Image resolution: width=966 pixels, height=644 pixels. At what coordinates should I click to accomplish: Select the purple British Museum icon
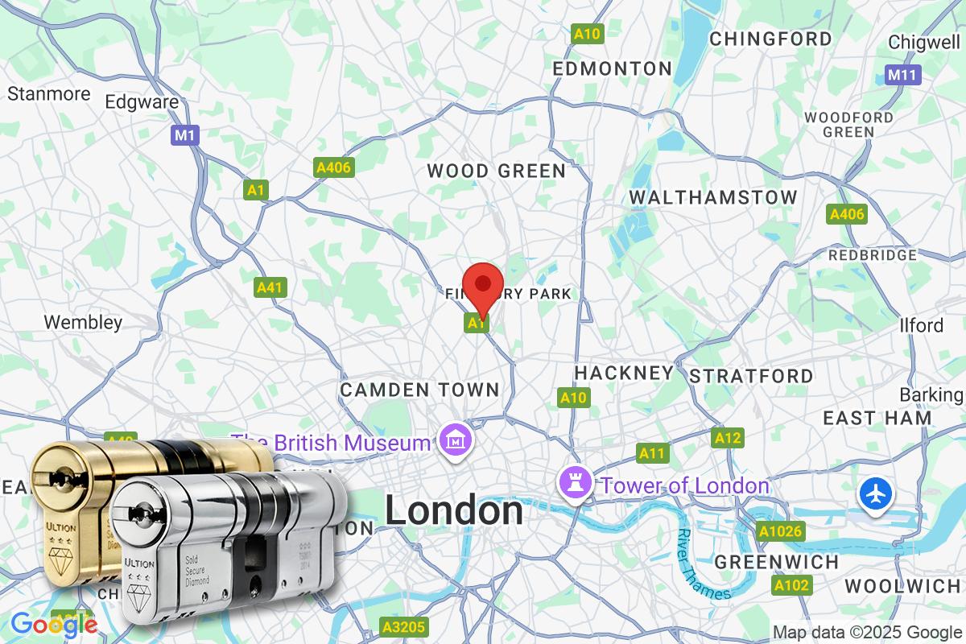[x=454, y=442]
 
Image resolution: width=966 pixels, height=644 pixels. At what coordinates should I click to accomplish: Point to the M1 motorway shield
[x=185, y=134]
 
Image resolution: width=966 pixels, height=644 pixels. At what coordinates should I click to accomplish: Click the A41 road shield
[x=271, y=287]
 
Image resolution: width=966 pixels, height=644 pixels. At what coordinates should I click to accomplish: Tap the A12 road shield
[x=727, y=438]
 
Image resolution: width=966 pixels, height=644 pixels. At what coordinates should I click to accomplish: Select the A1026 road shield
[x=780, y=531]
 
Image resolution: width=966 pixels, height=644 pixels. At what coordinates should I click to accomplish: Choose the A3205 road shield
[x=405, y=626]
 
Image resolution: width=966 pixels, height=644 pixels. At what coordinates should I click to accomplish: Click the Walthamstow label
[x=712, y=197]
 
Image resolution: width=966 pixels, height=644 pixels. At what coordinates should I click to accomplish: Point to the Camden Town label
[x=419, y=390]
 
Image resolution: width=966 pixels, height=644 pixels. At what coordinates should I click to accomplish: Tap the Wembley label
[x=83, y=323]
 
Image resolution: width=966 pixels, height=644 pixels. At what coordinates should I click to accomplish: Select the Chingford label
[x=770, y=39]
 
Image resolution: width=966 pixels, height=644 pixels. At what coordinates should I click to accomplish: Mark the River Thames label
[x=702, y=565]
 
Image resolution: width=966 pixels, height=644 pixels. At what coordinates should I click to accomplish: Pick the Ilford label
[x=921, y=325]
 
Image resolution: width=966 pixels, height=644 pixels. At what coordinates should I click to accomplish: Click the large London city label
[x=453, y=511]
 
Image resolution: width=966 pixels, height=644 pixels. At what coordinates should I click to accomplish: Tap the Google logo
[x=53, y=625]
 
